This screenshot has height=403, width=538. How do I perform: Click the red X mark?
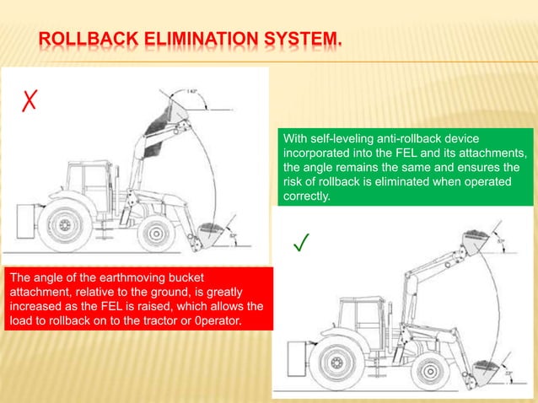(x=28, y=105)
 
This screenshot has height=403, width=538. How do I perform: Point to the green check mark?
(x=300, y=244)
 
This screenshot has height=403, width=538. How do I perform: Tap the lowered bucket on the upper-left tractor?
(x=213, y=235)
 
